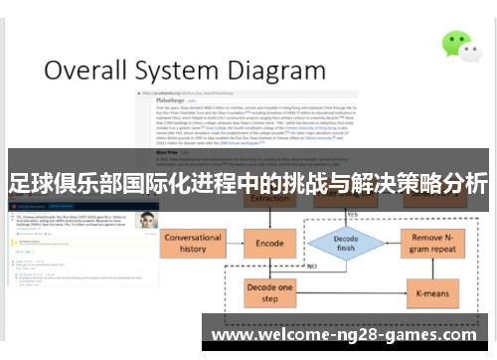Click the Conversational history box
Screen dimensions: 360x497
(193, 243)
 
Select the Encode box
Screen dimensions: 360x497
(269, 243)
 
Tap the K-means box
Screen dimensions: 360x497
(432, 293)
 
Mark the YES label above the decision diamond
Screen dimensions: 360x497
(354, 214)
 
